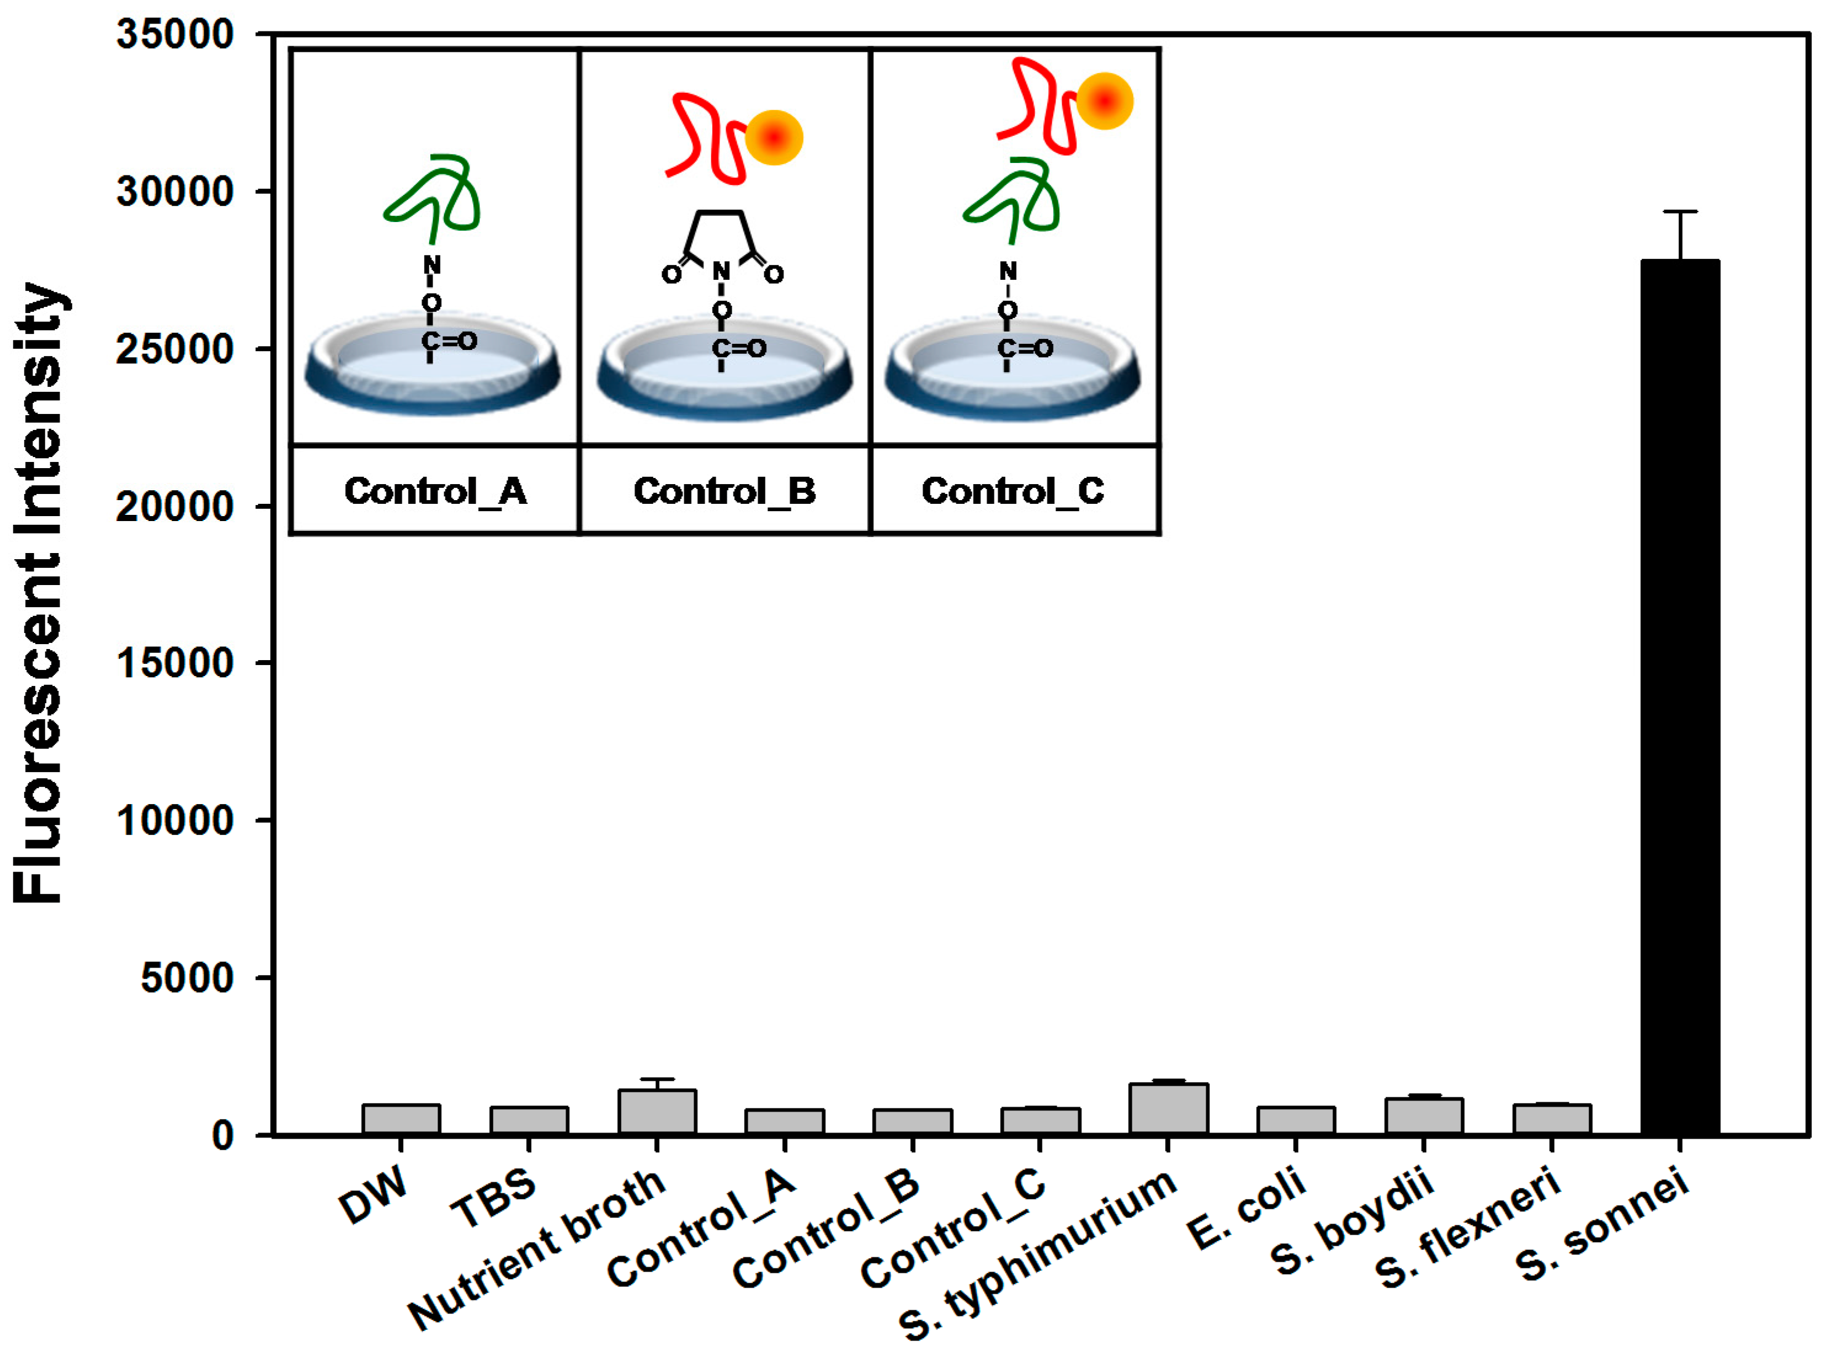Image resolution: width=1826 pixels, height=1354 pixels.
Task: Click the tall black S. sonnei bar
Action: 1680,696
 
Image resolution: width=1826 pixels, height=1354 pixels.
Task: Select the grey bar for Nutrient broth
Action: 657,1112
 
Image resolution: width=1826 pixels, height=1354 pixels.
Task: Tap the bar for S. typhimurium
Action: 1169,1109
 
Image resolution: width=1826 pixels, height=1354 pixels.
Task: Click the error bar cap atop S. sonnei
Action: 1680,212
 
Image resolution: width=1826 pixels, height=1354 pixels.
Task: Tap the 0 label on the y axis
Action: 222,1135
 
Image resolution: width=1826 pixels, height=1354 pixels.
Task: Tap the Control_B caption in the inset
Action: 724,491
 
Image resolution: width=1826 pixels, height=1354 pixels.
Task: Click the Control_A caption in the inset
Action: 434,491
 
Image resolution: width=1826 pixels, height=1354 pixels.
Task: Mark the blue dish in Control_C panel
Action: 1012,377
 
